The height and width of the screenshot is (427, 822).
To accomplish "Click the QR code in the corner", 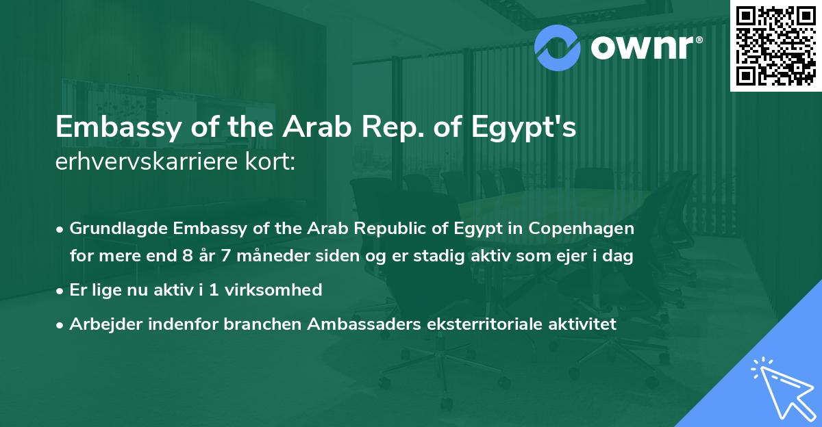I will click(x=775, y=45).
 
